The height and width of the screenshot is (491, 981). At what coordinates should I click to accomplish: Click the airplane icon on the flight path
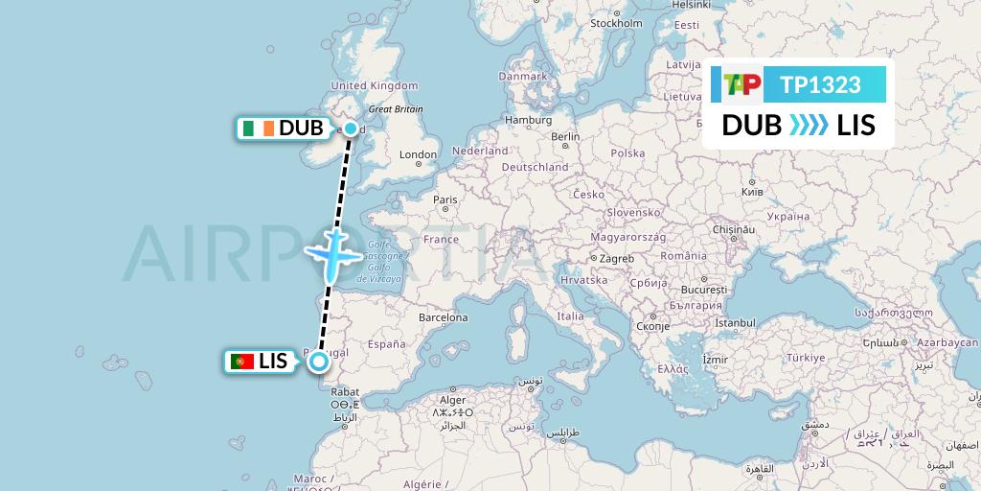[x=332, y=252]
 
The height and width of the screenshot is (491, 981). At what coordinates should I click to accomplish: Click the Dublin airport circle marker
[x=351, y=129]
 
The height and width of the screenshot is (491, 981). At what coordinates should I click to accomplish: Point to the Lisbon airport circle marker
[x=318, y=362]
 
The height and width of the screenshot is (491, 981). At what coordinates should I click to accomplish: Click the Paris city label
[x=445, y=200]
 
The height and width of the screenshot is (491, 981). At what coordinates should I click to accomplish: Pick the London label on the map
[x=418, y=154]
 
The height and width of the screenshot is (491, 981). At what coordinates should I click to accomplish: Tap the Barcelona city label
[x=444, y=317]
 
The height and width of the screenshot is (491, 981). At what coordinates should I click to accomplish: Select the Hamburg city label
[x=529, y=120]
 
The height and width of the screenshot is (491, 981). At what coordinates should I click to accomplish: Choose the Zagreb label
[x=617, y=259]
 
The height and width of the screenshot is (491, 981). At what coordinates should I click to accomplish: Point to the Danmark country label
[x=522, y=76]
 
